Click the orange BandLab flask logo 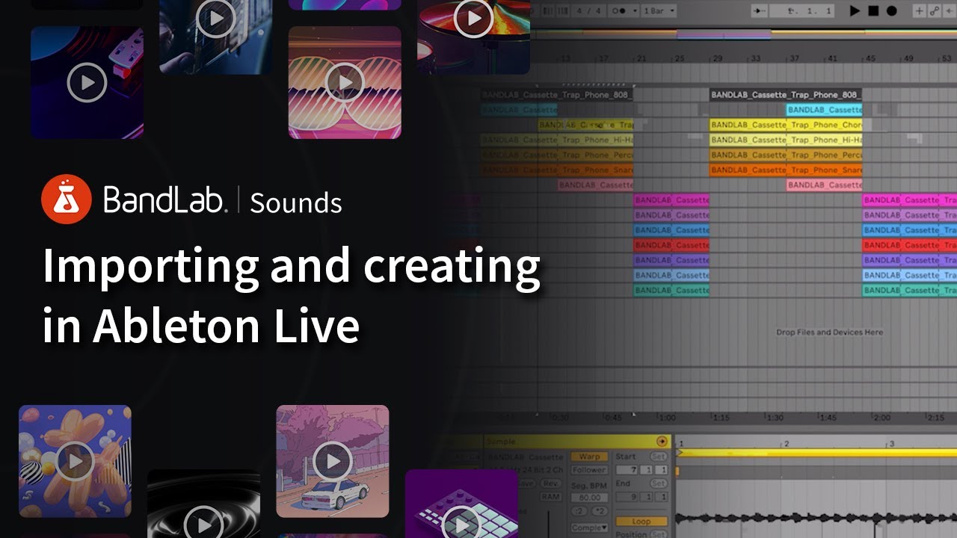tap(67, 200)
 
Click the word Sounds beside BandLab tap(296, 202)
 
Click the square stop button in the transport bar tap(873, 11)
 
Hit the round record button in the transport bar tap(891, 11)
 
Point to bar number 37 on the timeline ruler tap(794, 58)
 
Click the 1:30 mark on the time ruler tap(775, 418)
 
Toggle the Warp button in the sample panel tap(590, 457)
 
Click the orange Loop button tap(632, 522)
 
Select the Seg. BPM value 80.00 tap(590, 497)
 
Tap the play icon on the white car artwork tap(333, 460)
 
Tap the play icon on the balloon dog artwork tap(75, 461)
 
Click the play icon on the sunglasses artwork tap(345, 82)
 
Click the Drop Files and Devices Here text tap(829, 333)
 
